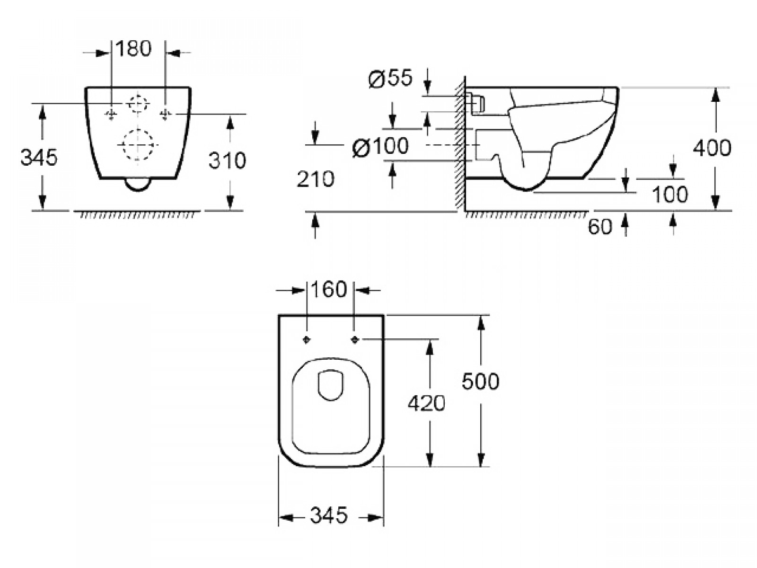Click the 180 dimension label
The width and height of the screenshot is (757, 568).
pos(133,49)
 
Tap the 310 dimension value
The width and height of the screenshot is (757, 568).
pos(227,160)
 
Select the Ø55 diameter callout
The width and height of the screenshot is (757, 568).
pos(390,78)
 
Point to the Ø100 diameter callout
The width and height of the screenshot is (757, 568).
pos(380,146)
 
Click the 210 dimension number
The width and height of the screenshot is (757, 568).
pos(315,179)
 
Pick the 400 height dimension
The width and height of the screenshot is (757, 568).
pos(712,148)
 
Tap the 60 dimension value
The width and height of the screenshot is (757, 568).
pos(600,227)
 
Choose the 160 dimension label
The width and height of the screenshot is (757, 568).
pos(329,289)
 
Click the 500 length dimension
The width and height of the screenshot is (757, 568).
pos(480,382)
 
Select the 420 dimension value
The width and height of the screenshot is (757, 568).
pos(426,403)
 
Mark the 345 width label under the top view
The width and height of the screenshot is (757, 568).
pos(329,515)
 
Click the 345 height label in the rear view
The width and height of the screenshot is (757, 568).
pos(39,158)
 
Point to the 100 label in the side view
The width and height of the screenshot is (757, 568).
pos(670,195)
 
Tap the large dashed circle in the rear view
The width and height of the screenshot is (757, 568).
pos(138,130)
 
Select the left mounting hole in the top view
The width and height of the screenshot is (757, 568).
pos(307,340)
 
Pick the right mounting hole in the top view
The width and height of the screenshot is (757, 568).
pos(355,340)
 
